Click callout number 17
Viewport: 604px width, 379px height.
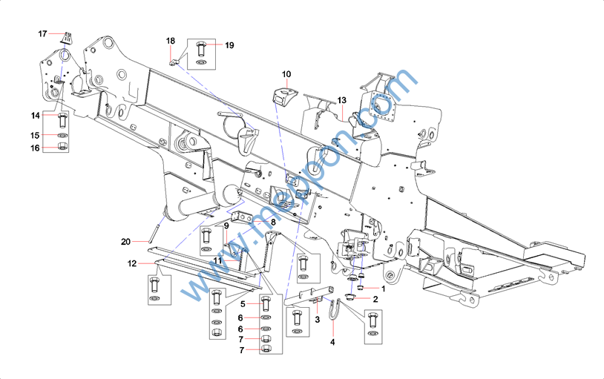[42, 33]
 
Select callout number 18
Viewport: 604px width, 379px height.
[171, 40]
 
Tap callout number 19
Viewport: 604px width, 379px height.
[229, 45]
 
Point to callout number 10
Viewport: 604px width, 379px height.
[286, 73]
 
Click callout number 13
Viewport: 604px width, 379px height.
[341, 100]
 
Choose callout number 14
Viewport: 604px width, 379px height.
[35, 116]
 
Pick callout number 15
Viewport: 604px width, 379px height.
[35, 136]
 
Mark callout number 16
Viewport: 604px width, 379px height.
[35, 148]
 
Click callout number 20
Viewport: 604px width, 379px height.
[125, 242]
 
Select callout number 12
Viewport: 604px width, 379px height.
[131, 264]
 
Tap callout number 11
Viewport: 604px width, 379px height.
[218, 261]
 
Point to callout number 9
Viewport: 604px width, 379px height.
[226, 225]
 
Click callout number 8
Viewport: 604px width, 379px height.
[273, 221]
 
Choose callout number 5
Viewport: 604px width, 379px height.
[243, 303]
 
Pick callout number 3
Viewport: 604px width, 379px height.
[317, 320]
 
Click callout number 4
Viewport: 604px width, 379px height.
[332, 342]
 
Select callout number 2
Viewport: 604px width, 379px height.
[375, 299]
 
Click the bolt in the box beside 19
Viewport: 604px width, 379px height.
[201, 50]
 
